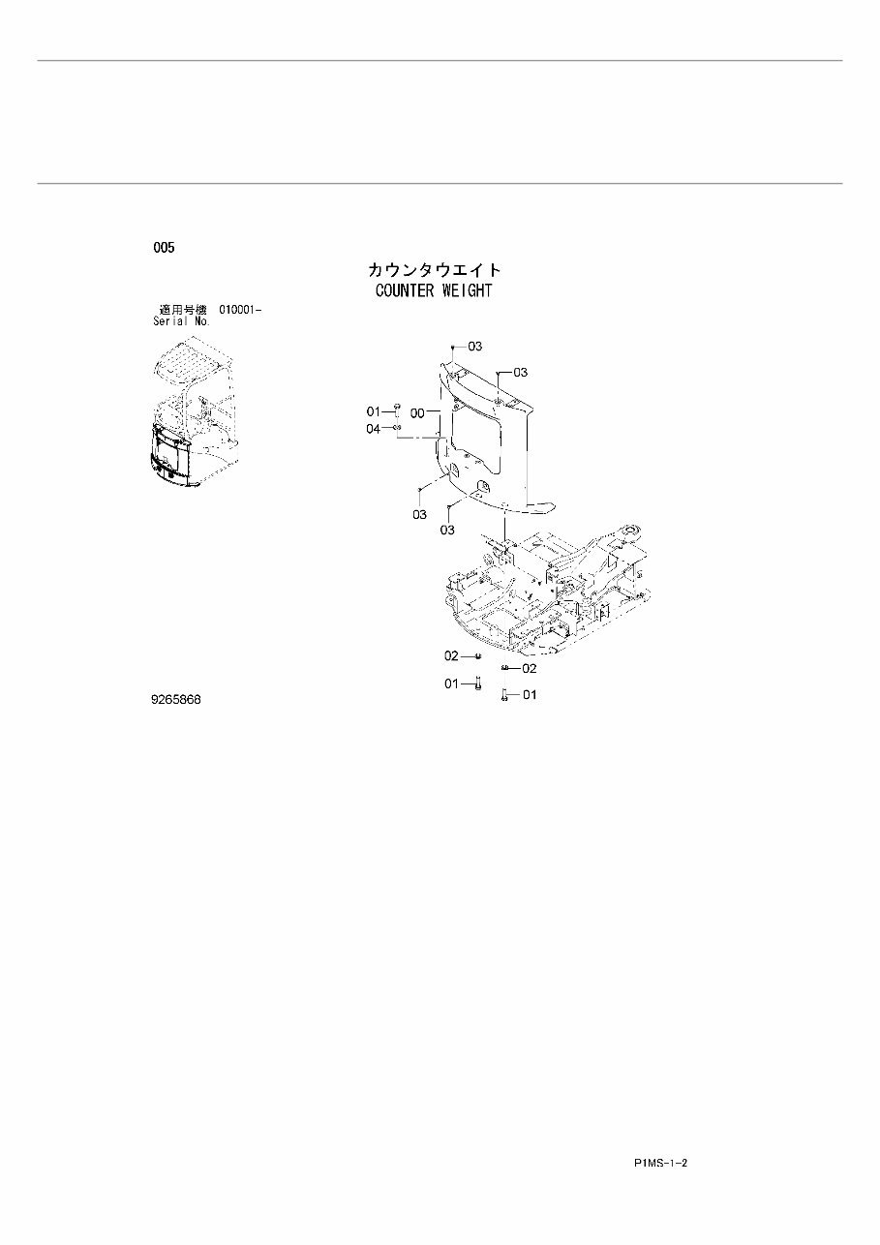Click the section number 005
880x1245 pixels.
pos(164,249)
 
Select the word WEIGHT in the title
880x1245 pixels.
pos(469,290)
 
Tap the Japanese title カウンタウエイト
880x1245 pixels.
pos(434,270)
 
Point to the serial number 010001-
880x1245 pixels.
pos(240,309)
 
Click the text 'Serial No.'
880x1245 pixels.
pos(181,320)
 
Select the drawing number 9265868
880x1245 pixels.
pos(175,699)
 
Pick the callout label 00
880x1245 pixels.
pos(417,412)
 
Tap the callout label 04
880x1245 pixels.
pos(373,429)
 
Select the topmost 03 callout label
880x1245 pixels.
pos(474,346)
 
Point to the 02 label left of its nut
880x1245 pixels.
pos(452,655)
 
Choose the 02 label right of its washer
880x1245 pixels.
pos(529,668)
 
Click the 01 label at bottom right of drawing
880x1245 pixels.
pos(529,694)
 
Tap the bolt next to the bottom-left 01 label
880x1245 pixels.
pos(477,684)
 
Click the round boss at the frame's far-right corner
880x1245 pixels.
pos(632,531)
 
